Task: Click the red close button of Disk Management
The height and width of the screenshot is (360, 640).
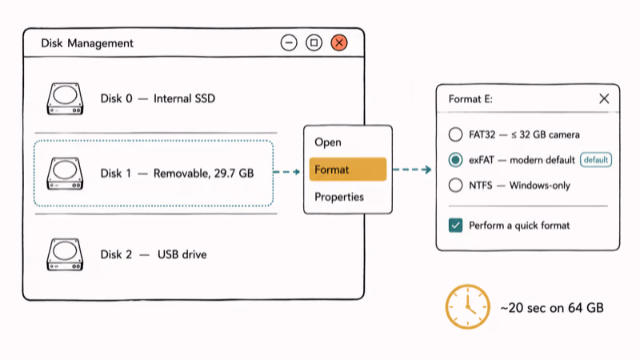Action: [x=338, y=43]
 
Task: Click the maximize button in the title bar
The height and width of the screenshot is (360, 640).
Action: [x=314, y=43]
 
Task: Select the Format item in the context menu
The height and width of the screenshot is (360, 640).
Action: [x=348, y=170]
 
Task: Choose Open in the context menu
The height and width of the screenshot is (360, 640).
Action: [x=328, y=142]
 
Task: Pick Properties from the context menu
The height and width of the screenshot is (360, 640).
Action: [x=339, y=197]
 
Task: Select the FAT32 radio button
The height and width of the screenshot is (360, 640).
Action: [x=455, y=134]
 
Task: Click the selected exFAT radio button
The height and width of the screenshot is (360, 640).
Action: [x=455, y=159]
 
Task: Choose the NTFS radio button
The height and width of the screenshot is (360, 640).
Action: [x=455, y=186]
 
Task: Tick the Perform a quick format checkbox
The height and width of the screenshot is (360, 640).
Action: [x=455, y=226]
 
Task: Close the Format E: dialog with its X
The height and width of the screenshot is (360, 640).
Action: [x=604, y=98]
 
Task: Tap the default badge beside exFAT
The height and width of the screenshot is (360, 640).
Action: [x=596, y=159]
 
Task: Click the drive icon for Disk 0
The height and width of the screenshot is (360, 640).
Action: [x=65, y=98]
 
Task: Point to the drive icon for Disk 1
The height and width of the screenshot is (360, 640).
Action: [x=65, y=174]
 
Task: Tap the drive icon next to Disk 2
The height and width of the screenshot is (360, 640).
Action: [x=65, y=254]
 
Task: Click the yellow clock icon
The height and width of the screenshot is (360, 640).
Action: [x=467, y=307]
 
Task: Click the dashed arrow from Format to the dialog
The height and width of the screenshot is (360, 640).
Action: [x=412, y=170]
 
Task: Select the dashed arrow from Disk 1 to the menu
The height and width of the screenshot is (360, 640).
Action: [x=286, y=172]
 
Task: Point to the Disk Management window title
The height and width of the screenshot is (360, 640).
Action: [x=87, y=43]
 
